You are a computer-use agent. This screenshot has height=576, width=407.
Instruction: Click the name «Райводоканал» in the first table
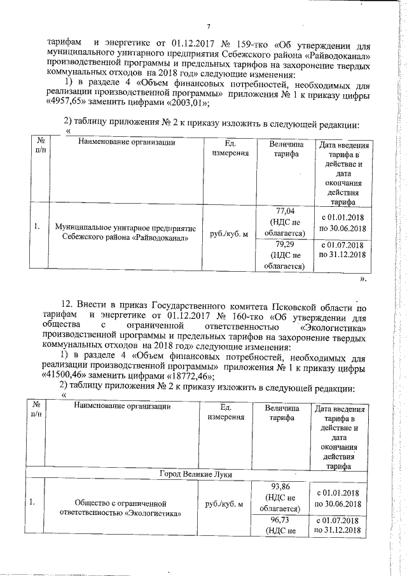click(158, 239)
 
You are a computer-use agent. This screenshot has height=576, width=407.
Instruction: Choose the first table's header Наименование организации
click(127, 143)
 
